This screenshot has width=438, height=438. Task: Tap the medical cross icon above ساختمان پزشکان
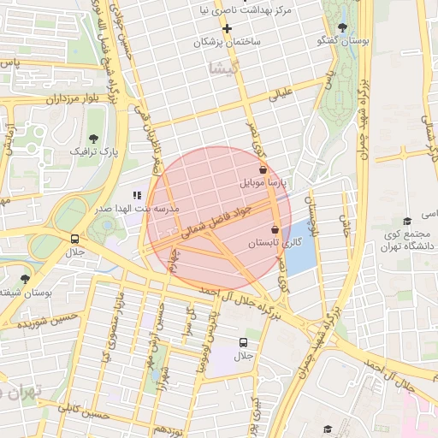click(x=227, y=28)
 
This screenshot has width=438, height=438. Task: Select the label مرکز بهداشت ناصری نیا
click(x=274, y=10)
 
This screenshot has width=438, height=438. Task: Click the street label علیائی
click(x=281, y=93)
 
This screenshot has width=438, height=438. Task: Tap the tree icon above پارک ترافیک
click(x=93, y=139)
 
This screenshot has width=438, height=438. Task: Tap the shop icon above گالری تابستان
click(x=275, y=230)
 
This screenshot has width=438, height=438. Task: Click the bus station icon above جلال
click(x=75, y=240)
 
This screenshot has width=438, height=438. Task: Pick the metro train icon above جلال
click(x=245, y=342)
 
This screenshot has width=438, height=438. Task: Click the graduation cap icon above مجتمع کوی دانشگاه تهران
click(x=407, y=222)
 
